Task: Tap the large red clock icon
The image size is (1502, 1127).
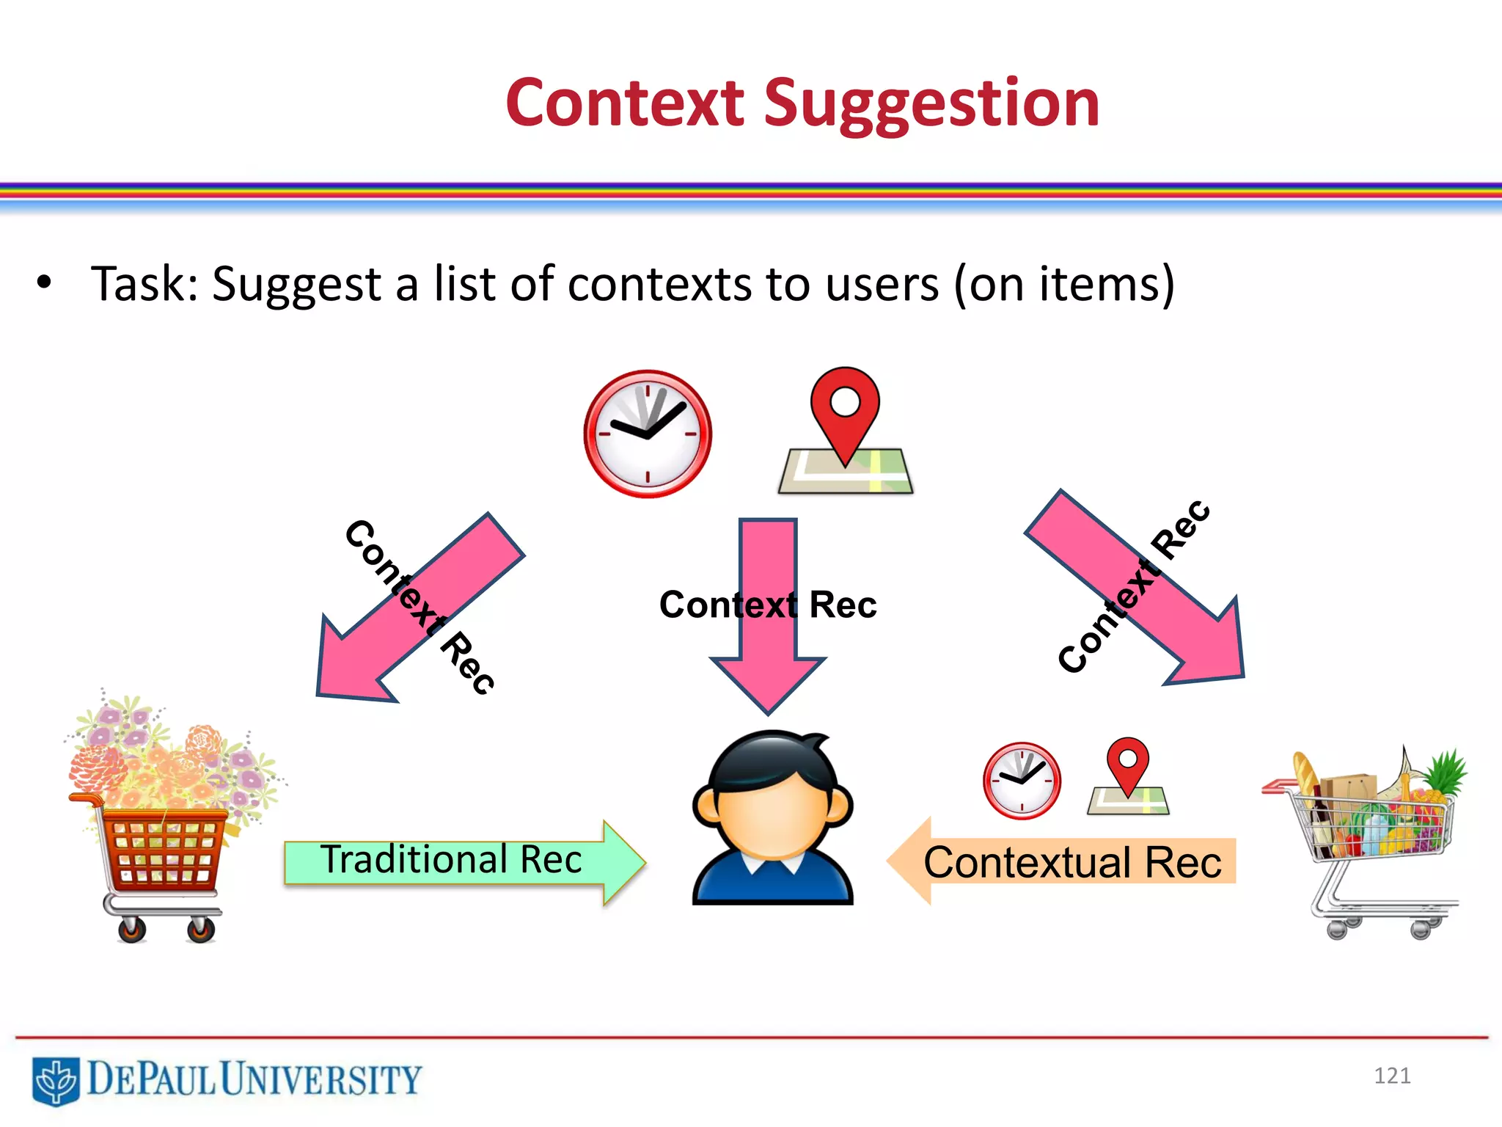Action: tap(647, 434)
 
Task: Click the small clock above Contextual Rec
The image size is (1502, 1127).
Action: tap(1022, 781)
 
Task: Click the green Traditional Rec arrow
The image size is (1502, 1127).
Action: tap(462, 862)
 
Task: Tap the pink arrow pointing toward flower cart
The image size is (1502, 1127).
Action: tap(411, 616)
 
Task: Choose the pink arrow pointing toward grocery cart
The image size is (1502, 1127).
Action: tap(1144, 594)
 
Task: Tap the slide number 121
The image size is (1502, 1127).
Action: tap(1391, 1076)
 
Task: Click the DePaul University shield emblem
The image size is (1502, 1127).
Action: tap(56, 1081)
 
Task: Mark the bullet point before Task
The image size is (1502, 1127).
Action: tap(44, 282)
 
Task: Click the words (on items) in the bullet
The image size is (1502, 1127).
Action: tap(1063, 285)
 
